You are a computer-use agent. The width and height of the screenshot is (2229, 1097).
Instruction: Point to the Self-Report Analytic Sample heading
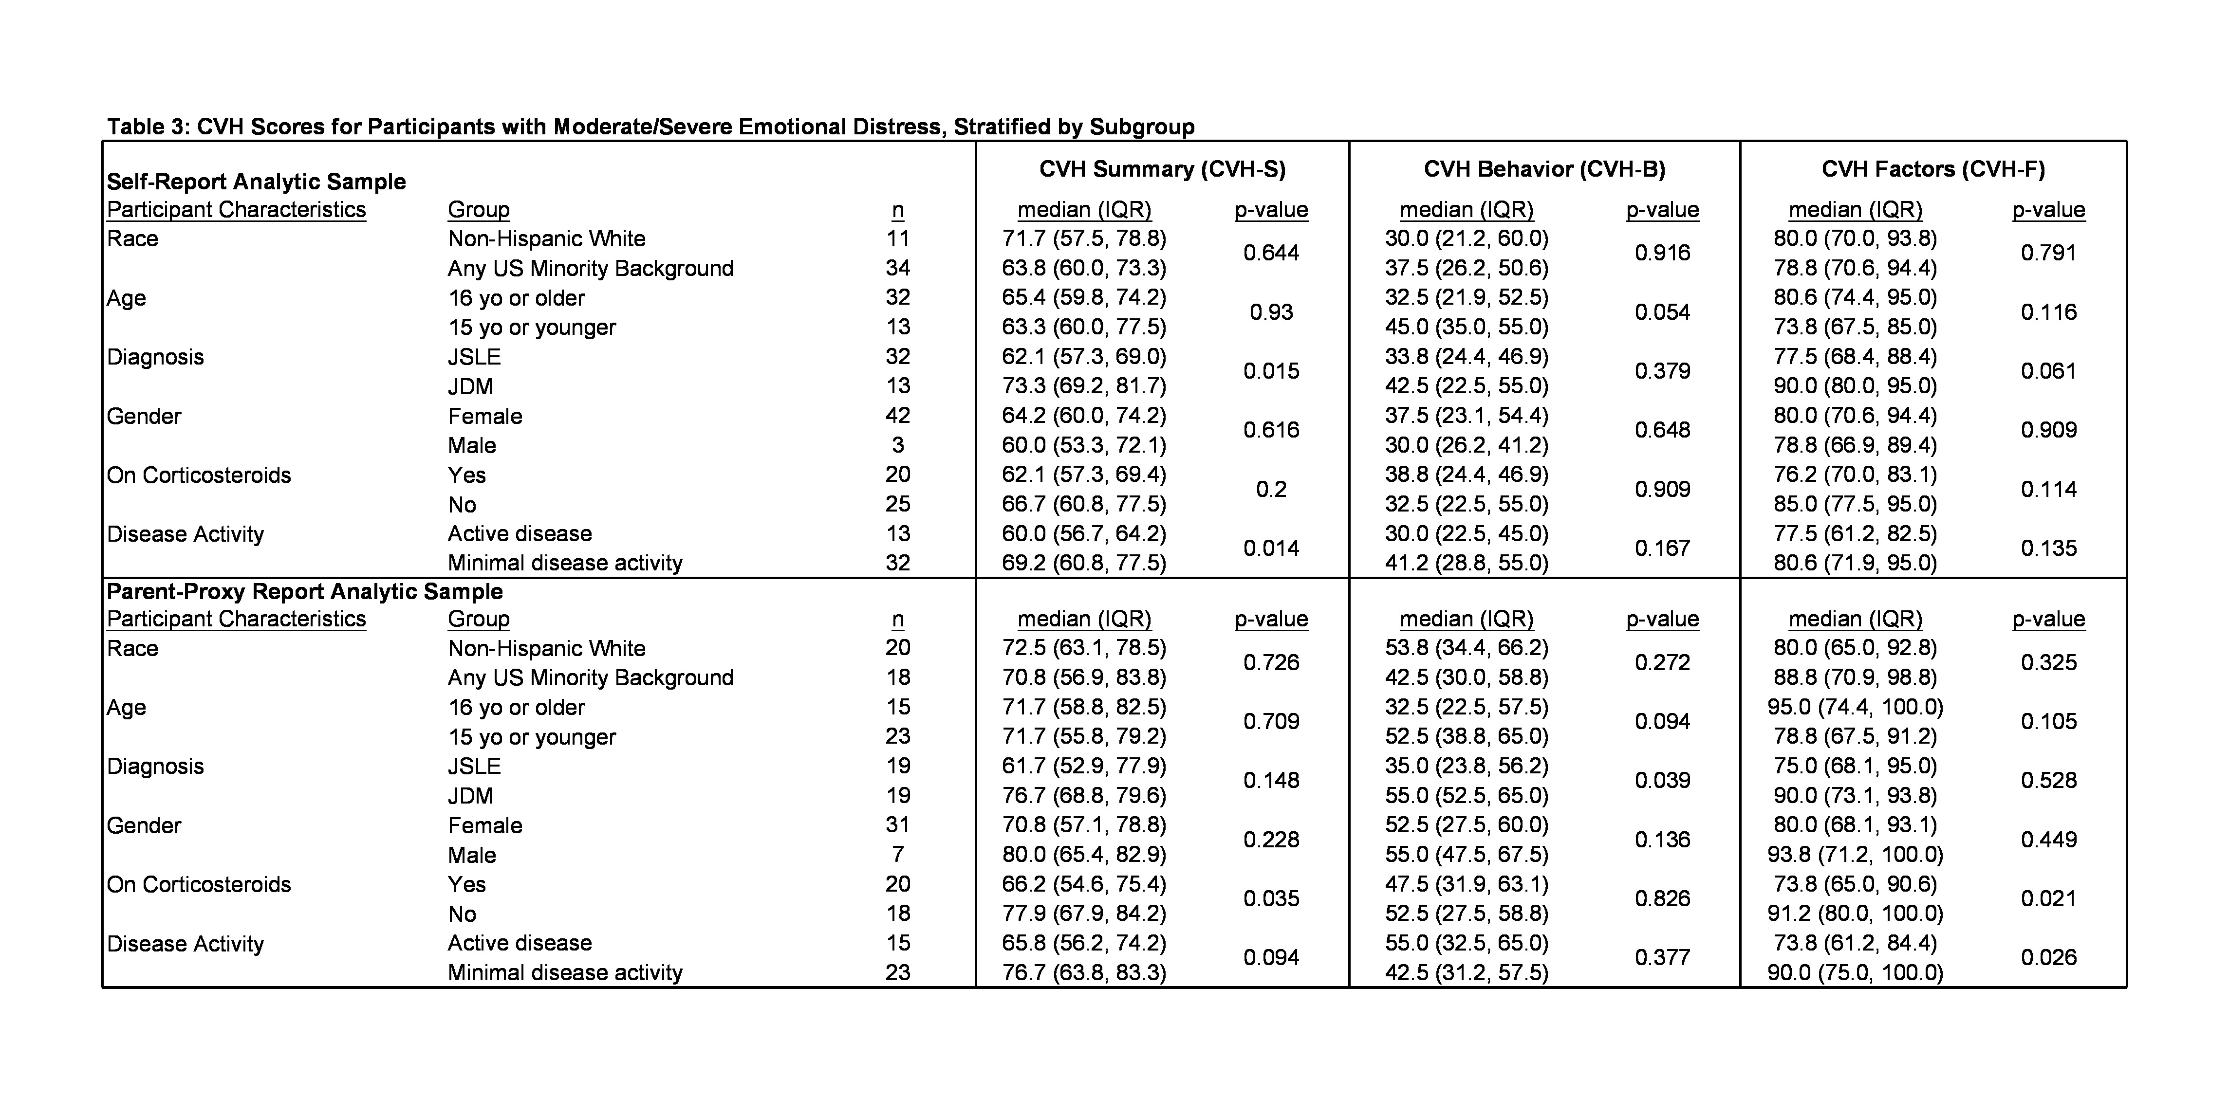tap(256, 182)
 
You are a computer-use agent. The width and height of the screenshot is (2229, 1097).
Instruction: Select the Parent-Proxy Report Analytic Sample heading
tap(305, 592)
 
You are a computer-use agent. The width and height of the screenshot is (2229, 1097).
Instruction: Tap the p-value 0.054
tap(1661, 312)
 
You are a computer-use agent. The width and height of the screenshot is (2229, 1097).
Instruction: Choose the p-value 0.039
tap(1661, 780)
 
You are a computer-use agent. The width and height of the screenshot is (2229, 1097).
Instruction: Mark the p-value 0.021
tap(2048, 899)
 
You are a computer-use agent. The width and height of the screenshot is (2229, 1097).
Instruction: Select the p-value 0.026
tap(2048, 958)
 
